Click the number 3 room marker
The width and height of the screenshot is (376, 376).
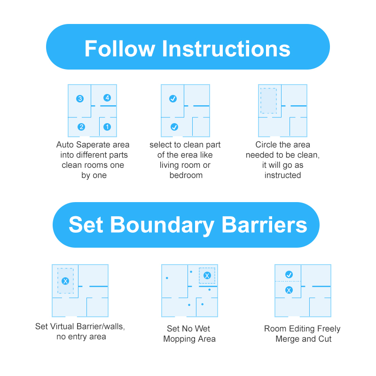click(x=80, y=99)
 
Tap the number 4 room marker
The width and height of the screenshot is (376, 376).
click(x=107, y=98)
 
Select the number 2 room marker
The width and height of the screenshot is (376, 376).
click(x=81, y=127)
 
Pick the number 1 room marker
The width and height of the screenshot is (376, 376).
click(x=107, y=127)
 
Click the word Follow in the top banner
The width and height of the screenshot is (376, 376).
click(x=120, y=49)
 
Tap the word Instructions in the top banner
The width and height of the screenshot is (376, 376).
click(x=226, y=49)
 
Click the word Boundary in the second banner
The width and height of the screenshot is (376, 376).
click(x=162, y=225)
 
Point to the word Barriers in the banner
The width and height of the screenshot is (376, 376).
click(x=264, y=225)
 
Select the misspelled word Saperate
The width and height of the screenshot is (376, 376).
click(x=93, y=145)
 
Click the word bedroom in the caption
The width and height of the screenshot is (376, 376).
click(x=186, y=175)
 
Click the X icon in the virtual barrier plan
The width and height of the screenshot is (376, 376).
click(x=65, y=281)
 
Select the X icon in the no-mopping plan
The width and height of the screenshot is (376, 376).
click(x=207, y=275)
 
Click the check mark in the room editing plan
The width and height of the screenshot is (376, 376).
click(x=289, y=274)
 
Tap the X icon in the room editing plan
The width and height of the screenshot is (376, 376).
click(x=289, y=290)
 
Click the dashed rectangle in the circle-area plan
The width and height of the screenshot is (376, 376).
click(x=261, y=101)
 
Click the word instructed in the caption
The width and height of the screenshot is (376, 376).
click(x=282, y=175)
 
